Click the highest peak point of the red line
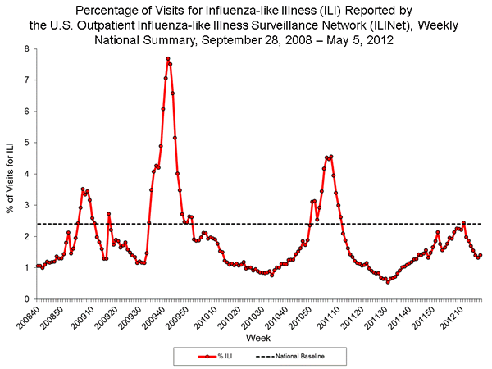pos(167,59)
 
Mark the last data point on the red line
pos(481,255)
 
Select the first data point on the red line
pos(37,266)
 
